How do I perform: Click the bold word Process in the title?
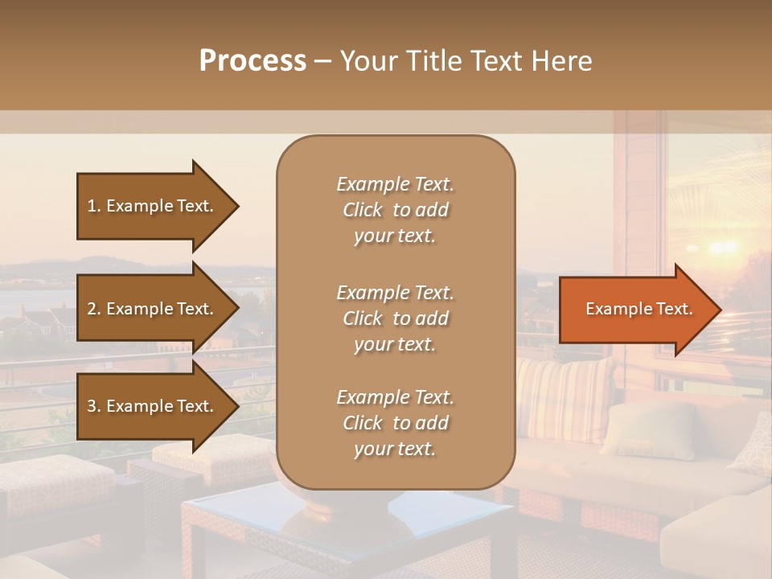click(253, 61)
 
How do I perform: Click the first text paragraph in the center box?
click(395, 210)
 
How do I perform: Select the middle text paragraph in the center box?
click(395, 318)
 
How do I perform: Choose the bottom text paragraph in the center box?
click(395, 423)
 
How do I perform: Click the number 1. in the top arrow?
click(94, 206)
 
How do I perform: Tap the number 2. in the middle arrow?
click(94, 309)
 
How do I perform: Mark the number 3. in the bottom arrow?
click(94, 406)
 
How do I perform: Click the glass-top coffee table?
click(346, 523)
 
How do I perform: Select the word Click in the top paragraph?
click(363, 210)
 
